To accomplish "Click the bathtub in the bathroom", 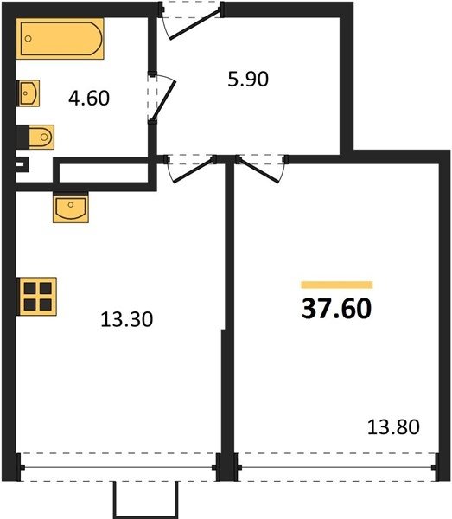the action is [60, 38].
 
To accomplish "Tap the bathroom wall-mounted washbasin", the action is [29, 93].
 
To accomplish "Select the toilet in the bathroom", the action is [35, 137].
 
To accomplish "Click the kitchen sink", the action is [70, 208].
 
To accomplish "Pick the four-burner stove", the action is [36, 297].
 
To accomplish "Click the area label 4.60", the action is [89, 99].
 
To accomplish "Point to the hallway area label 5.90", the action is [248, 80].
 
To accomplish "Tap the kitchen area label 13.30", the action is [127, 320].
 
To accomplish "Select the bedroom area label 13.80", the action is [393, 427].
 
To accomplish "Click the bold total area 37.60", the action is [336, 309].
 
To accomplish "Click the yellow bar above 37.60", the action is [337, 285].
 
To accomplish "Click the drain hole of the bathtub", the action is [29, 38].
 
